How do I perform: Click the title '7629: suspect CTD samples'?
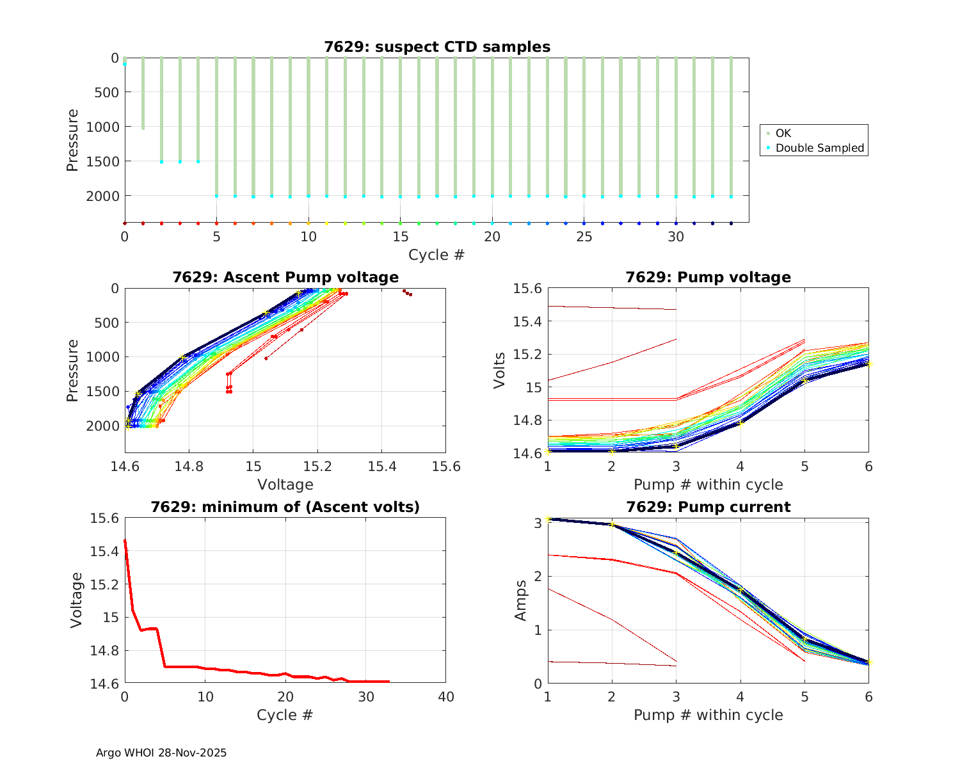pos(436,47)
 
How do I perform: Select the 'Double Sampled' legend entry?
pos(819,148)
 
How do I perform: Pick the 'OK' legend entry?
pos(783,133)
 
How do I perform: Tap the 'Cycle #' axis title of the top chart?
pos(436,255)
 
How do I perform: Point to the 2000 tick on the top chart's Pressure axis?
pos(102,196)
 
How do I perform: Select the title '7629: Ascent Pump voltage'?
pos(285,277)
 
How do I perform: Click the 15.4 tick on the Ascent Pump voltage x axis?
pos(381,467)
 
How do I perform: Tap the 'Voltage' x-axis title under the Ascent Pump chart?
pos(285,484)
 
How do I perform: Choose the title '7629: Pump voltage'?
pos(708,277)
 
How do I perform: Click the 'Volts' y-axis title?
pos(500,371)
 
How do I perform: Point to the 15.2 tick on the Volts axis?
pos(525,355)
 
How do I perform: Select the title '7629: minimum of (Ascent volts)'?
pos(285,507)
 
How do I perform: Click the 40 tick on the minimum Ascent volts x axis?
pos(445,697)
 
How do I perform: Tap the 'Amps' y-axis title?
pos(522,600)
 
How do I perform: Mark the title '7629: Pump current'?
pos(708,507)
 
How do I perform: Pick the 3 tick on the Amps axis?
pos(538,523)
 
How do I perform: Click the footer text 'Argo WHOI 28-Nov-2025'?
pos(161,753)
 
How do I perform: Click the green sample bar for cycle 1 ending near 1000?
pos(143,93)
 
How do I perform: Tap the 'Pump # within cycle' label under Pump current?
pos(708,715)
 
